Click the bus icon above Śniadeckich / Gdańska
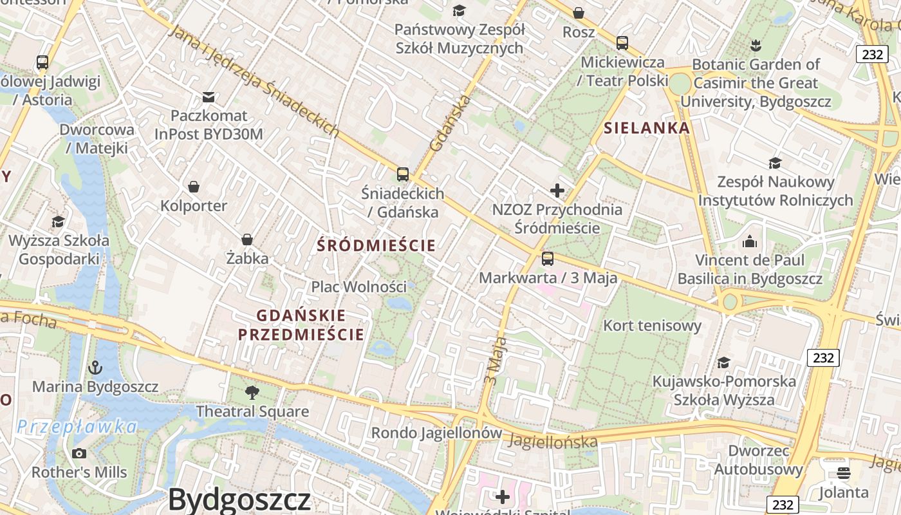click(x=403, y=174)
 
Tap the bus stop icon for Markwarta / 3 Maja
click(x=548, y=259)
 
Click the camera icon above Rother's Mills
click(x=79, y=453)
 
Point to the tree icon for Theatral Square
click(x=252, y=393)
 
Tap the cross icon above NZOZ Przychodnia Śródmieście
click(x=557, y=191)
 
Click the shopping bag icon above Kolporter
click(x=194, y=187)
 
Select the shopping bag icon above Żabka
click(x=247, y=239)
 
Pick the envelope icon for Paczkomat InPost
click(x=209, y=97)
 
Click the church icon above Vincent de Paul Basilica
click(x=750, y=242)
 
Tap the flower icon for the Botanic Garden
click(x=756, y=45)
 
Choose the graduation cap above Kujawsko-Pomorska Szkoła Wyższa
click(x=724, y=362)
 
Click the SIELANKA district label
click(x=647, y=128)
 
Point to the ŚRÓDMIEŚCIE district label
click(x=376, y=245)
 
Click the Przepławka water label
click(x=77, y=427)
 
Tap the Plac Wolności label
click(x=359, y=286)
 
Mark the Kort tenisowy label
click(x=652, y=326)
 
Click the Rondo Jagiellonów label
click(x=436, y=433)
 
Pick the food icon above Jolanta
click(x=844, y=474)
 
